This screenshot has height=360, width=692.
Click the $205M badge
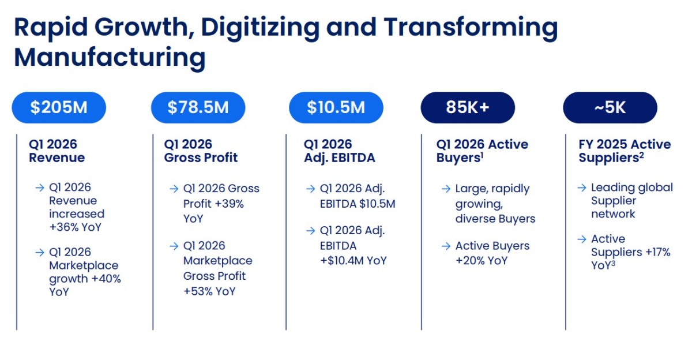tap(59, 107)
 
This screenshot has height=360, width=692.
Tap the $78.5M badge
tap(198, 107)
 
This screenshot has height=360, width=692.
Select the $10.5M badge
tap(336, 107)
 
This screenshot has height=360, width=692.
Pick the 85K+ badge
tap(468, 107)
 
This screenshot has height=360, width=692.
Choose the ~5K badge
tap(610, 107)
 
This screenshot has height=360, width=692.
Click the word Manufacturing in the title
tap(110, 58)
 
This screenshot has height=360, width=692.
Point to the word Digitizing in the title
tap(260, 28)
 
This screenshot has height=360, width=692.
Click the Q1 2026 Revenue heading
tap(57, 151)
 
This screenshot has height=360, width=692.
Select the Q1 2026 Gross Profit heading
tap(201, 151)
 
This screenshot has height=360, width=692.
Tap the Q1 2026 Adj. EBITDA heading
tap(340, 151)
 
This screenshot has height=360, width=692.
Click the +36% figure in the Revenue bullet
tap(63, 227)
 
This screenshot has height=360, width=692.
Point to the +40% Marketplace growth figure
tap(106, 279)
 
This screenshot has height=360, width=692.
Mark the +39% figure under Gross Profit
tap(229, 204)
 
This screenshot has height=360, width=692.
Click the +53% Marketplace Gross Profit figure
tap(198, 291)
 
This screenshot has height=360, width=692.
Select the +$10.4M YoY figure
tap(353, 261)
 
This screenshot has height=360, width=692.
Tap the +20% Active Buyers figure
tap(470, 261)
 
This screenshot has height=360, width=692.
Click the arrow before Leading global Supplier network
tap(582, 187)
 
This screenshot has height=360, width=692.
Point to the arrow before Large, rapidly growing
tap(446, 189)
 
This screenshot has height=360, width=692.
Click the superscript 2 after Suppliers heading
tap(642, 155)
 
